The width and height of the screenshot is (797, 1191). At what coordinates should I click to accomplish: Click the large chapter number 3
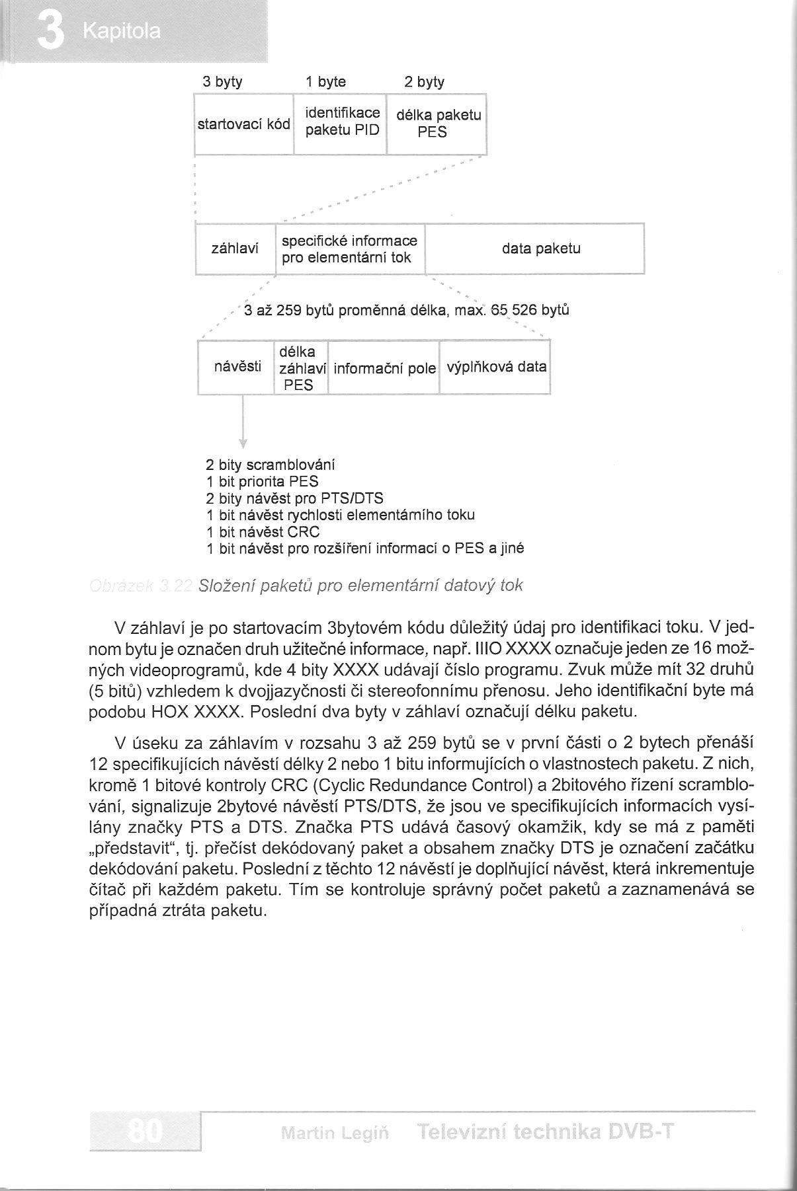(x=50, y=32)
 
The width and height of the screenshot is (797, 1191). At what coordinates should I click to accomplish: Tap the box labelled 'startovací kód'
(x=243, y=124)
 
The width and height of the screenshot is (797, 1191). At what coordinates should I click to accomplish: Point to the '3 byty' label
(x=222, y=82)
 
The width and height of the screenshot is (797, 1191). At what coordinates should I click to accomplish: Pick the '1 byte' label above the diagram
(x=325, y=82)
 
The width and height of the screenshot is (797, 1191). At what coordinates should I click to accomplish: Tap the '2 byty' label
(x=425, y=82)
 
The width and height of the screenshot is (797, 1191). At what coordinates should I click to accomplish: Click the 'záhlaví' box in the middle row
(x=234, y=249)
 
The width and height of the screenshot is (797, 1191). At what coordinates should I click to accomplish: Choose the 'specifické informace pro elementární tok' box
(x=349, y=249)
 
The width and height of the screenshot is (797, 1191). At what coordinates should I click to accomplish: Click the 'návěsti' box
(x=237, y=367)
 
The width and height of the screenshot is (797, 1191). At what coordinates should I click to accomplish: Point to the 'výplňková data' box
(x=496, y=367)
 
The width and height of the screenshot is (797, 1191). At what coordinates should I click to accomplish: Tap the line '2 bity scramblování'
(x=271, y=465)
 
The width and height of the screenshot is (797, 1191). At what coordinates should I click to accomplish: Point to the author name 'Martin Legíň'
(x=335, y=1133)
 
